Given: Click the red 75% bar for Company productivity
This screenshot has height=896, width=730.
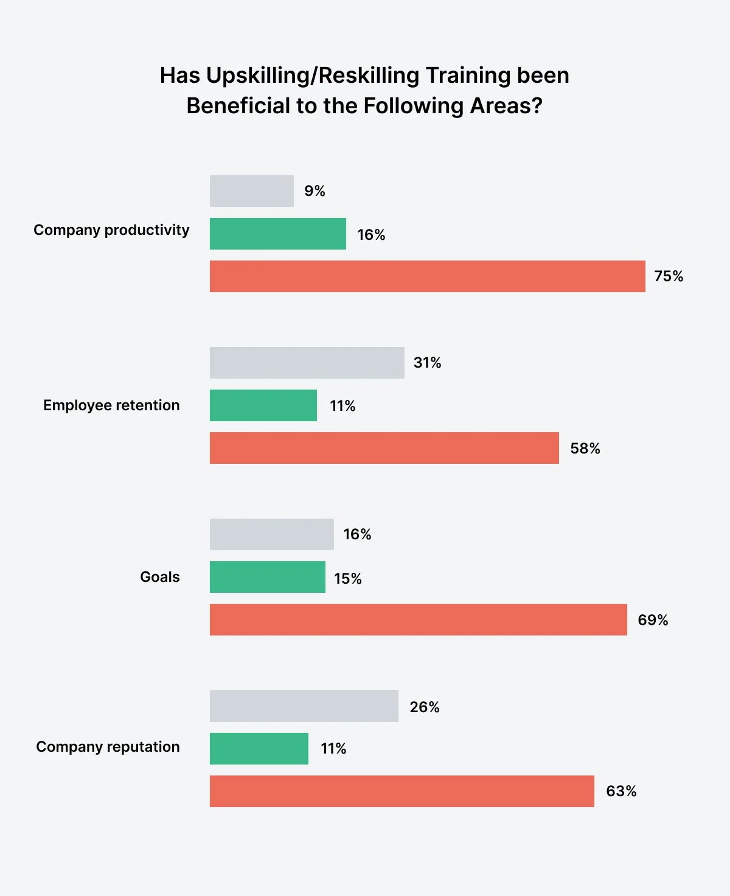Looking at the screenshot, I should (427, 276).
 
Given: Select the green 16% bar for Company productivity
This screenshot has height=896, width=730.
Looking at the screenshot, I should (278, 234).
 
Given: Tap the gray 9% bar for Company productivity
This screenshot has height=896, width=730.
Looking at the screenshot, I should (252, 191).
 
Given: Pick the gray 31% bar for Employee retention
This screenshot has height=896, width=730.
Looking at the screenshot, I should (307, 363).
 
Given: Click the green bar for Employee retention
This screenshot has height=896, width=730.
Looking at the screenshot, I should (263, 405).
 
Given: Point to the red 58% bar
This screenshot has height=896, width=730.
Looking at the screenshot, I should (384, 448).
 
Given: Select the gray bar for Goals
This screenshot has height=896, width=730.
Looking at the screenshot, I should (272, 534).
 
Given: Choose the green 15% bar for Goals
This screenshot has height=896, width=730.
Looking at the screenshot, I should (268, 577).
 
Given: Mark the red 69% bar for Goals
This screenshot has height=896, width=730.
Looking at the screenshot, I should (418, 620).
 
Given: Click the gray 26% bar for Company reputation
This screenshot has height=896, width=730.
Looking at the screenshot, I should (304, 706).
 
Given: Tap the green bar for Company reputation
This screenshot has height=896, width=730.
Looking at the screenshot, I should (259, 749).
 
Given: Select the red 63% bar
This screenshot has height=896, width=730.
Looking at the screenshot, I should (401, 791).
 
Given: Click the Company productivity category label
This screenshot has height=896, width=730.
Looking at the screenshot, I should (111, 230).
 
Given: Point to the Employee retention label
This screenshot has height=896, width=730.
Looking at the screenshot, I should (111, 405).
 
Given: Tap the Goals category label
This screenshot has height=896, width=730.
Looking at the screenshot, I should (160, 577).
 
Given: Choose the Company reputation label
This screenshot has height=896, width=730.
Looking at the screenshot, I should (108, 747).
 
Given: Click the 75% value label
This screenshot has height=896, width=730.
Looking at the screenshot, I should (669, 276).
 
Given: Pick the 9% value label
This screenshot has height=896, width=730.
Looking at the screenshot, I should (315, 191).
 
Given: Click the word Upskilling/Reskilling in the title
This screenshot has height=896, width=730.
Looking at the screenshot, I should (313, 75).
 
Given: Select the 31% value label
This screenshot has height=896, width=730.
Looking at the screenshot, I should (427, 363).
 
